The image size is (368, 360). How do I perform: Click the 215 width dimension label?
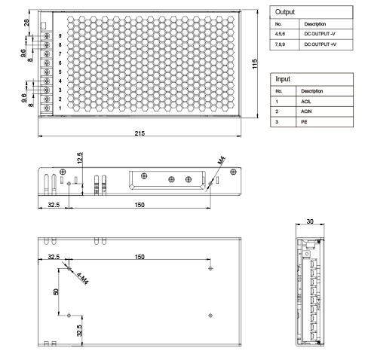coord(140,133)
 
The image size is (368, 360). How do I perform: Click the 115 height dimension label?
coord(255,64)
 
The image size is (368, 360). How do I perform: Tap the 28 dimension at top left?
coord(26,23)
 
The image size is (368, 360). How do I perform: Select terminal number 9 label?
coord(60,36)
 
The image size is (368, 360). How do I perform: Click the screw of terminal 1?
coord(47,108)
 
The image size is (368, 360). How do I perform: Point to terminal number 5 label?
coord(60,72)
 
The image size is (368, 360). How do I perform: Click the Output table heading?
coord(285,12)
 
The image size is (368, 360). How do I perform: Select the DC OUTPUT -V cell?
coord(320,34)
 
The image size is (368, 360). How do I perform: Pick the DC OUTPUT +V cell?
coord(320,44)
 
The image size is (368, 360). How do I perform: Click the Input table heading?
coord(283,79)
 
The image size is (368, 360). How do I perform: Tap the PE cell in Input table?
coord(304,122)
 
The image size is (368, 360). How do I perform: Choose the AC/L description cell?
coord(306,102)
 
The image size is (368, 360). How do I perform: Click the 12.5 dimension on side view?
coord(80,158)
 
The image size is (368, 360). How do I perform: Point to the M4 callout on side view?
coord(222,160)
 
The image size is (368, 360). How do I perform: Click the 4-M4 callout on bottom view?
coord(82,279)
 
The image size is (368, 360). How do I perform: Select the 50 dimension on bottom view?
coord(56,291)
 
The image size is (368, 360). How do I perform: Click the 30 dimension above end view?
coord(310,221)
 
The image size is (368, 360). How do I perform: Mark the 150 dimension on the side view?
coord(140,205)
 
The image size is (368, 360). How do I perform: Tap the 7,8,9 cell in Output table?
coord(280,44)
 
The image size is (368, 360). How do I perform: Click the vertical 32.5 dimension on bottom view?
coord(79,331)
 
